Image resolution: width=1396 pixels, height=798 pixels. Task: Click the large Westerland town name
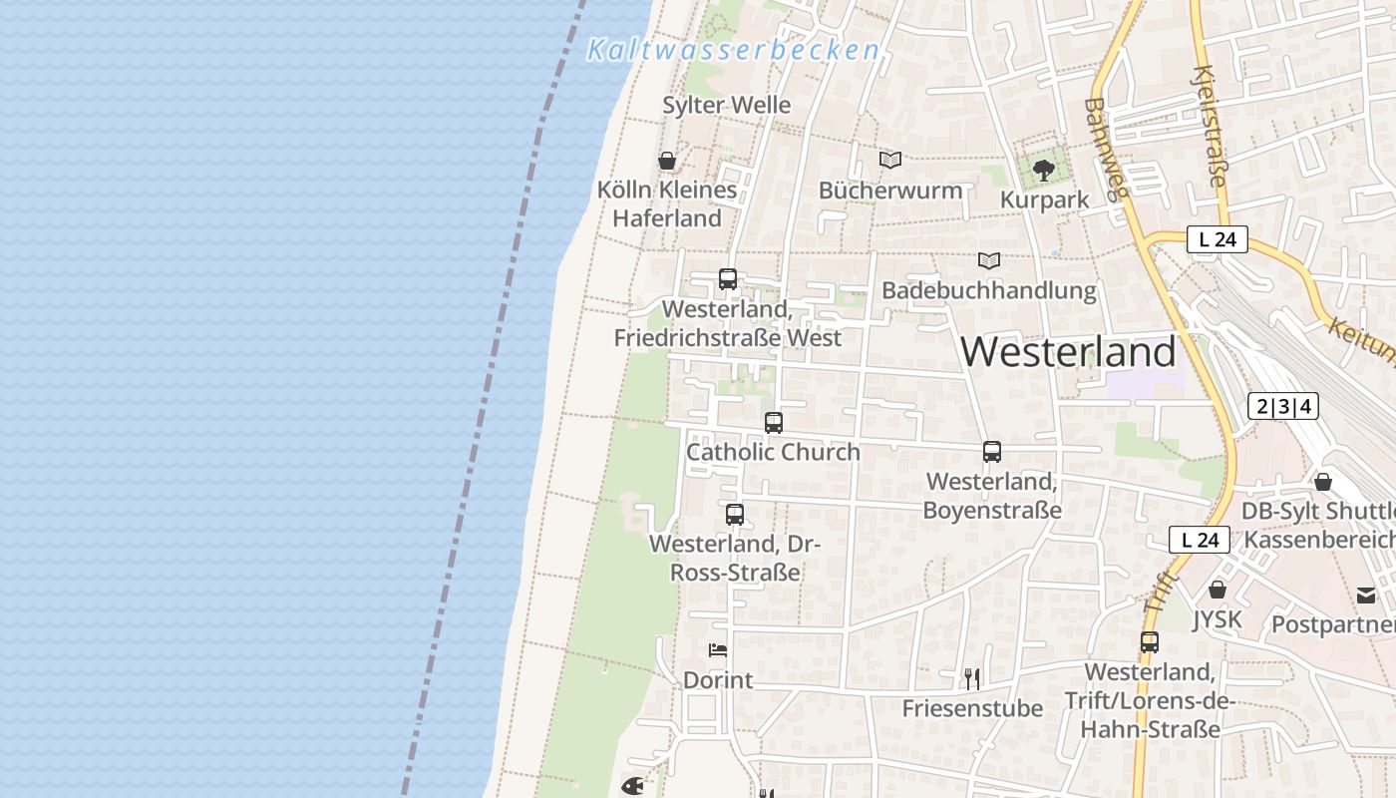pyautogui.click(x=1068, y=352)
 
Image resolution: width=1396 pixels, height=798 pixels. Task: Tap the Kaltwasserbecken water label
pyautogui.click(x=733, y=50)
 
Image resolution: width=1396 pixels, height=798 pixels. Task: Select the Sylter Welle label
pyautogui.click(x=726, y=105)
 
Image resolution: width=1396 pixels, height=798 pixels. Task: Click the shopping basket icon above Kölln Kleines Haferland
pyautogui.click(x=667, y=161)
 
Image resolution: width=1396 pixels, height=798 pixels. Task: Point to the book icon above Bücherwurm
pyautogui.click(x=890, y=160)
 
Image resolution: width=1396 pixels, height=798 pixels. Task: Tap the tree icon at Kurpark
pyautogui.click(x=1044, y=171)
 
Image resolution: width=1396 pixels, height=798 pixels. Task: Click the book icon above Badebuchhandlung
pyautogui.click(x=988, y=260)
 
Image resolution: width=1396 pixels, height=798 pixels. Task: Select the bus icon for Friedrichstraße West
pyautogui.click(x=728, y=279)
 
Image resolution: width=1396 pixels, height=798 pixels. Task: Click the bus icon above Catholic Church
pyautogui.click(x=774, y=423)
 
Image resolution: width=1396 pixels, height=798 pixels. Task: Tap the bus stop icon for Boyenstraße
pyautogui.click(x=992, y=452)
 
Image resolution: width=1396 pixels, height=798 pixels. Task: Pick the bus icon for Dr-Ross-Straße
pyautogui.click(x=735, y=515)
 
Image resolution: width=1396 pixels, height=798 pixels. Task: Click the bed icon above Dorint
pyautogui.click(x=718, y=650)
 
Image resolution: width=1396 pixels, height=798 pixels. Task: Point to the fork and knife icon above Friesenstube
pyautogui.click(x=972, y=679)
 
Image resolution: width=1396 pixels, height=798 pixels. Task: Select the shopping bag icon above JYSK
pyautogui.click(x=1218, y=590)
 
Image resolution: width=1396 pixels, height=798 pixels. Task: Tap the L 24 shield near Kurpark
pyautogui.click(x=1217, y=239)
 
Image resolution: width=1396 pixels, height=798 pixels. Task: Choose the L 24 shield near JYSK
pyautogui.click(x=1200, y=540)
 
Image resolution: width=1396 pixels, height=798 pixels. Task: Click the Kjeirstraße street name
pyautogui.click(x=1209, y=127)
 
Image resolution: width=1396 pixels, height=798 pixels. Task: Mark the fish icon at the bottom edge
pyautogui.click(x=632, y=786)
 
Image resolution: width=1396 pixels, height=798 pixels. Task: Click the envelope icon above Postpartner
pyautogui.click(x=1365, y=596)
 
